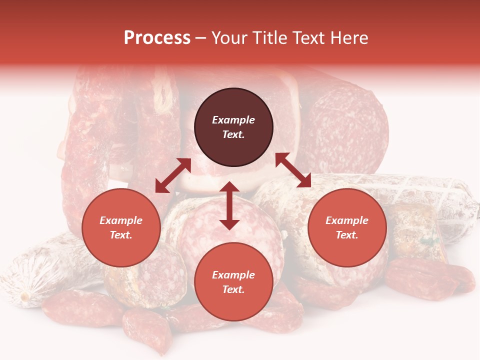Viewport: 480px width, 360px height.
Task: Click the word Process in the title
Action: pyautogui.click(x=157, y=38)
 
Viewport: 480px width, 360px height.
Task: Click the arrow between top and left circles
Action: pyautogui.click(x=173, y=175)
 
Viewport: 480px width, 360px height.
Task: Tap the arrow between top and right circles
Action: pyautogui.click(x=293, y=170)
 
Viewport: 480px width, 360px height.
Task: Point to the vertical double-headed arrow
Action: pyautogui.click(x=229, y=205)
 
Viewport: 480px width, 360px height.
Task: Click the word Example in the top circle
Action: pyautogui.click(x=233, y=120)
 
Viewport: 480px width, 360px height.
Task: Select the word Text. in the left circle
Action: pyautogui.click(x=121, y=235)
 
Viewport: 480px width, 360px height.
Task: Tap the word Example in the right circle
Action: pyautogui.click(x=347, y=220)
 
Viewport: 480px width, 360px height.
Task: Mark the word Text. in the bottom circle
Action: pyautogui.click(x=233, y=289)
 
